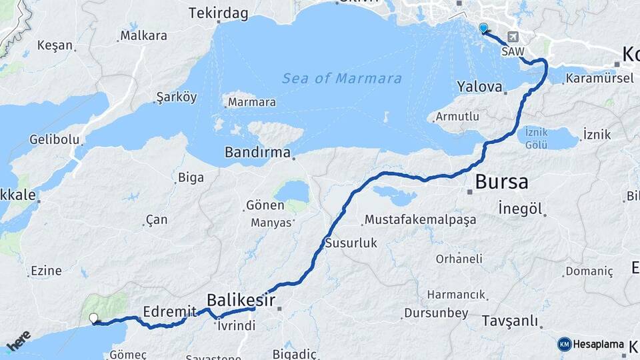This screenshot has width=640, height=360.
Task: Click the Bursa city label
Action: tap(501, 181)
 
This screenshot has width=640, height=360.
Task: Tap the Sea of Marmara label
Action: tap(342, 79)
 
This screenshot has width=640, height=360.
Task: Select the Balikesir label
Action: tap(241, 300)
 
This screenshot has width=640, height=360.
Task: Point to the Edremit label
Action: tap(170, 311)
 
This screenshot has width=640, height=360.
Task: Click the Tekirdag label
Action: tap(218, 13)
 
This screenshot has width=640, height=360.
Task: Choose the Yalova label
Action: tap(479, 87)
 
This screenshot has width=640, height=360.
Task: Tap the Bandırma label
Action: tap(257, 152)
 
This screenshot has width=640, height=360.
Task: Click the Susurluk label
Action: tap(351, 243)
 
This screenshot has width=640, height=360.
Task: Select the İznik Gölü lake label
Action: tap(536, 138)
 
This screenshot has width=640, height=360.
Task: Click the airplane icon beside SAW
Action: tap(513, 37)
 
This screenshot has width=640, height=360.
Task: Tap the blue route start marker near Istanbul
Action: tap(483, 28)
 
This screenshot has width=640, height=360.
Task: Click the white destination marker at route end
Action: tap(93, 319)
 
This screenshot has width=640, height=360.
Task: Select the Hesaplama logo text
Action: tap(598, 345)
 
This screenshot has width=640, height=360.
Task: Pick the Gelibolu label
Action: tap(54, 140)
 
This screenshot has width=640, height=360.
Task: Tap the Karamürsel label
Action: tap(599, 79)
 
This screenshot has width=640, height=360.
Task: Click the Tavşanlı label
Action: tap(509, 321)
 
